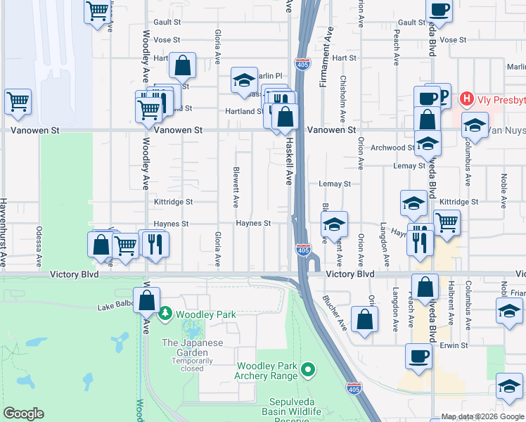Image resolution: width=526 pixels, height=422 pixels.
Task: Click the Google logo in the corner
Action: [x=23, y=414]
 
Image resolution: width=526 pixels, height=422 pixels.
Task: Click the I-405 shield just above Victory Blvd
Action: [x=303, y=250]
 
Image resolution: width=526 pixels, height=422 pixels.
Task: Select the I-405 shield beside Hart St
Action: [x=302, y=63]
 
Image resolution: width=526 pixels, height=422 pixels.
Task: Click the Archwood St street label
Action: [x=393, y=148]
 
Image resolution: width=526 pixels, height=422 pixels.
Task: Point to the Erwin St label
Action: [x=454, y=345]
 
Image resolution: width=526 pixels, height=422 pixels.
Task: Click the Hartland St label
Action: [x=244, y=111]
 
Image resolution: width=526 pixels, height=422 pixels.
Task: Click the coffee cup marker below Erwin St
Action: [x=419, y=356]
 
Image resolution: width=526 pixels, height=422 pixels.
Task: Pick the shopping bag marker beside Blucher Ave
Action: [x=365, y=319]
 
